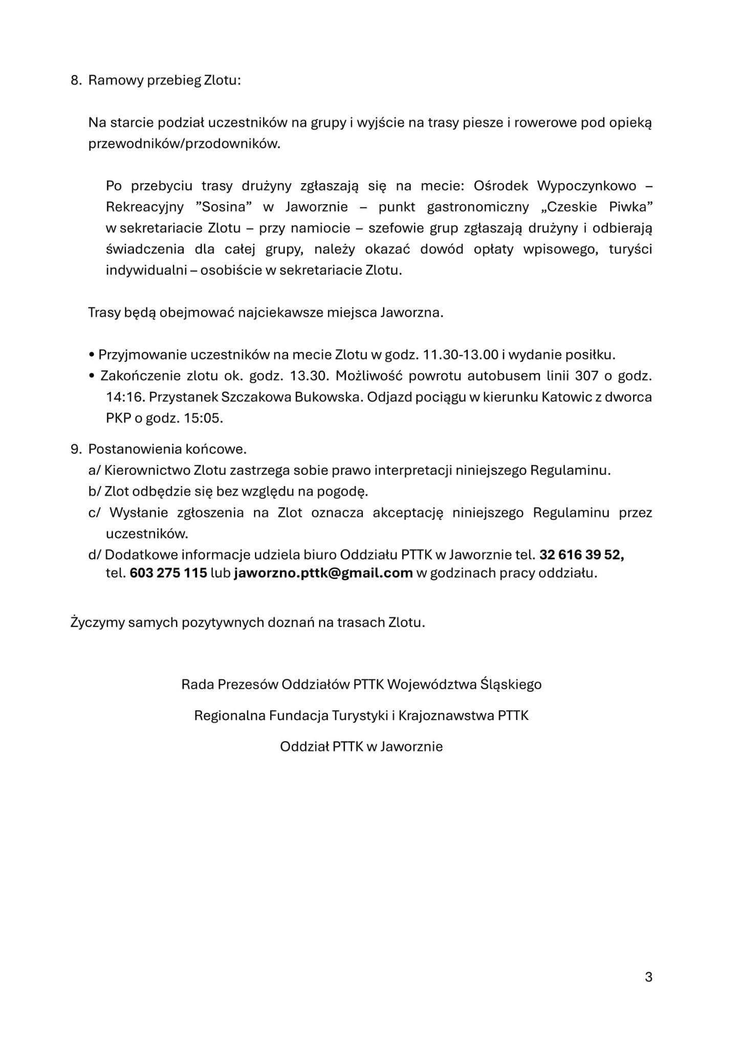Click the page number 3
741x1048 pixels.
click(x=648, y=977)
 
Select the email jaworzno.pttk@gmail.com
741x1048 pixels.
click(x=323, y=573)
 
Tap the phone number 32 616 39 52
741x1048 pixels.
click(x=581, y=554)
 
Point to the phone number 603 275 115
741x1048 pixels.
click(x=168, y=573)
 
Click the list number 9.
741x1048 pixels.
click(x=76, y=449)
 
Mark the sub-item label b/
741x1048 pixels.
click(x=95, y=491)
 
